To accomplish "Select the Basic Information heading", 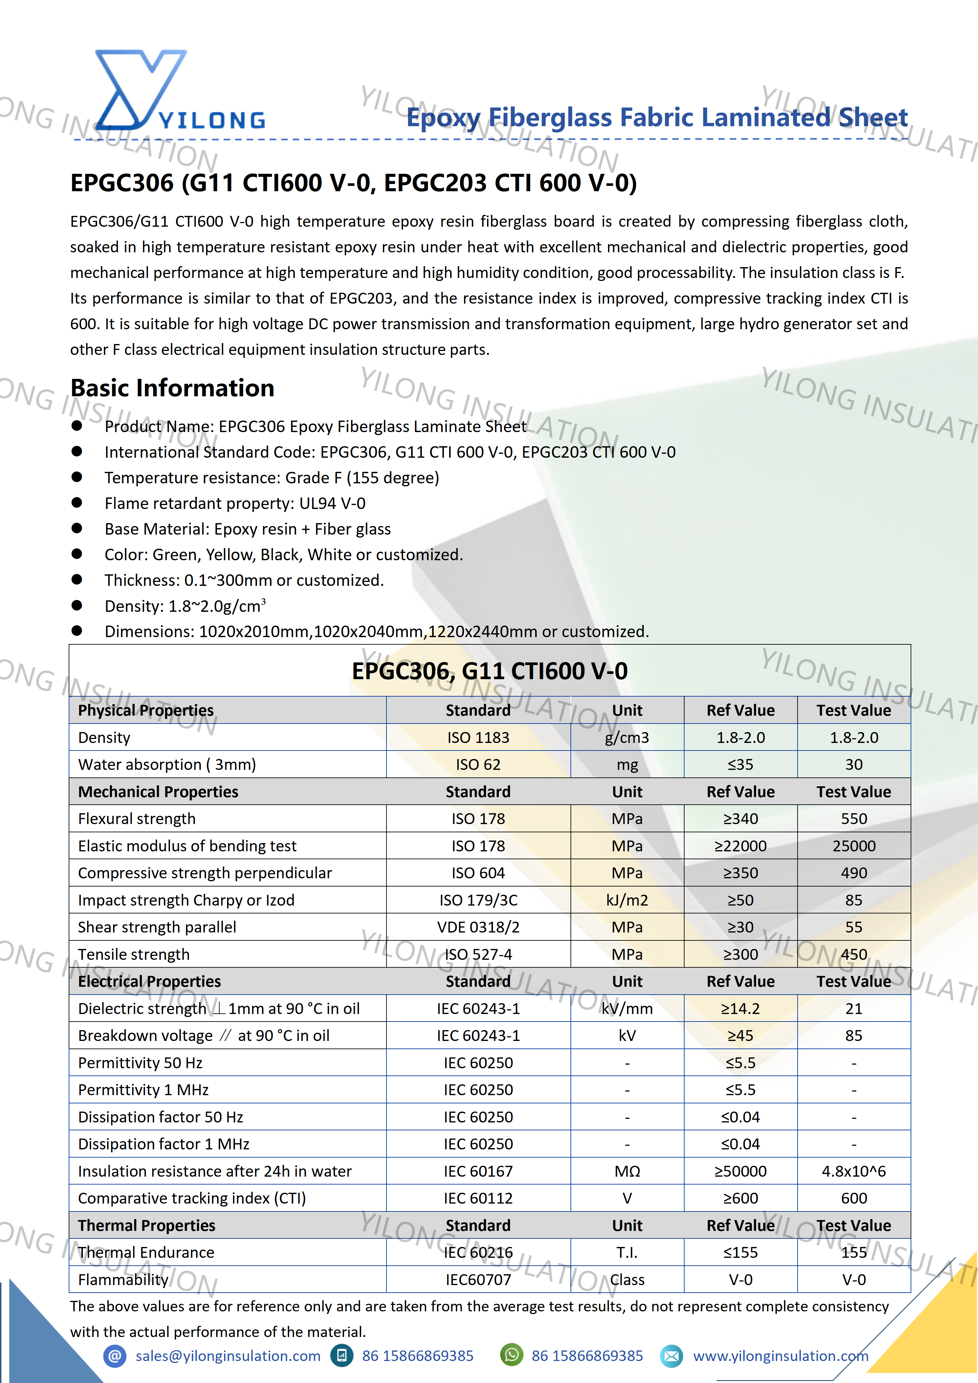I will [172, 388].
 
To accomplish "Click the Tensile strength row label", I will [134, 954].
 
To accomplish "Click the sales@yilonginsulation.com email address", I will [228, 1356].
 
